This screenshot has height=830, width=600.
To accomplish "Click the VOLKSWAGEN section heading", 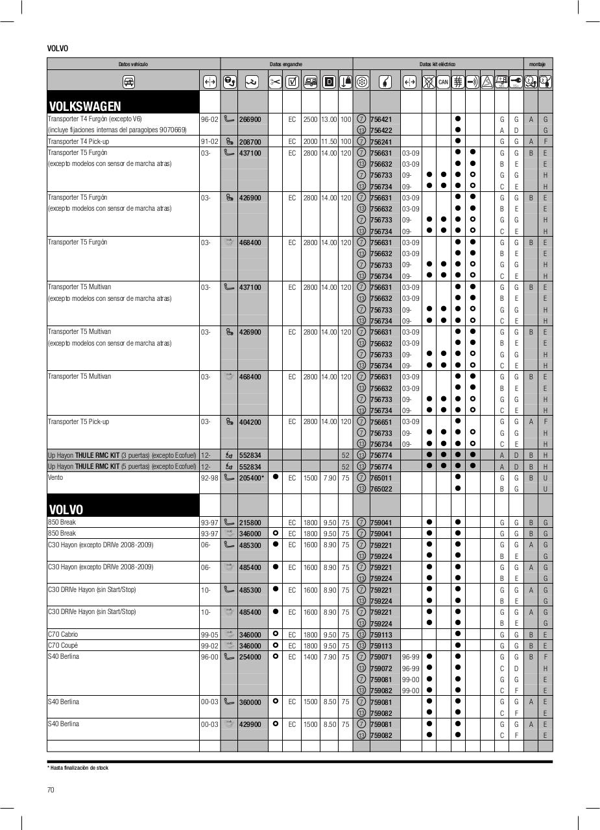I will coord(85,106).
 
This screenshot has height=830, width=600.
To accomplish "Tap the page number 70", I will coord(51,789).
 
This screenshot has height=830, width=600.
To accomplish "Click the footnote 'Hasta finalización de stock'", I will coord(79,768).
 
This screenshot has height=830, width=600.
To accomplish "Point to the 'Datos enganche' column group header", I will coord(286,64).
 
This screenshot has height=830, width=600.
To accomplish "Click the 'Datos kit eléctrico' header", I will coord(437,64).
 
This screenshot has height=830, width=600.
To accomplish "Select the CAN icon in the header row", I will coord(443,82).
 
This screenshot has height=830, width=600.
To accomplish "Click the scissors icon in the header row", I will coord(275,82).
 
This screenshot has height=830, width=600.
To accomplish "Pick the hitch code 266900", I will coord(250,119).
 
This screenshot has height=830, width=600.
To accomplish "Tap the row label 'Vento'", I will coord(56,478).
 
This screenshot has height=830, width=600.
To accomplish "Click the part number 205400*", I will coord(251,478).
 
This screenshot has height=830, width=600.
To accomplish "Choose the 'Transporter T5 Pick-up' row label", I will coord(78,421).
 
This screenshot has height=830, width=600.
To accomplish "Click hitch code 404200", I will coord(250,422).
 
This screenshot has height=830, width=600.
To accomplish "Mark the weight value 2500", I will coord(310,119).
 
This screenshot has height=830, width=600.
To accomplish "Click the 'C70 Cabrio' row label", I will coord(63,634).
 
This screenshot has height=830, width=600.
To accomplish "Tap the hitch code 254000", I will coord(250,657).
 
